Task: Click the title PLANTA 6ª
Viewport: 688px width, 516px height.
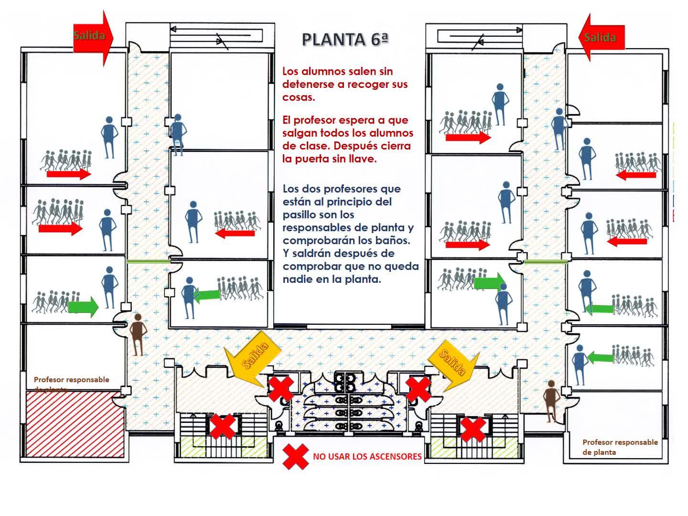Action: tap(345, 39)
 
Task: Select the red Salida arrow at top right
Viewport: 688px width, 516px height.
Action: tap(601, 37)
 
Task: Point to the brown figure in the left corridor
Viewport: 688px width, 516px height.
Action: tap(138, 334)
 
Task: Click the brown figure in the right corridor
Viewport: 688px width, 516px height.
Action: tap(552, 400)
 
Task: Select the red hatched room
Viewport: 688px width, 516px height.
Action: tap(75, 423)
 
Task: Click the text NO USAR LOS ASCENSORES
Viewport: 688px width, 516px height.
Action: tap(367, 457)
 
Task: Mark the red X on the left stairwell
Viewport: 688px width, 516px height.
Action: tap(222, 427)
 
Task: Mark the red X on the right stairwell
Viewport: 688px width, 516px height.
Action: tap(473, 429)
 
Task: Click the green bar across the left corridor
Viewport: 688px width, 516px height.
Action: tap(149, 261)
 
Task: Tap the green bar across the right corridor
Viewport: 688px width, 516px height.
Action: tap(546, 261)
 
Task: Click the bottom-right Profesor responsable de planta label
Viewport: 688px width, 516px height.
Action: tap(620, 447)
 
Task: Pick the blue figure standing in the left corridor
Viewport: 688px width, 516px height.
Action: tap(177, 134)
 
